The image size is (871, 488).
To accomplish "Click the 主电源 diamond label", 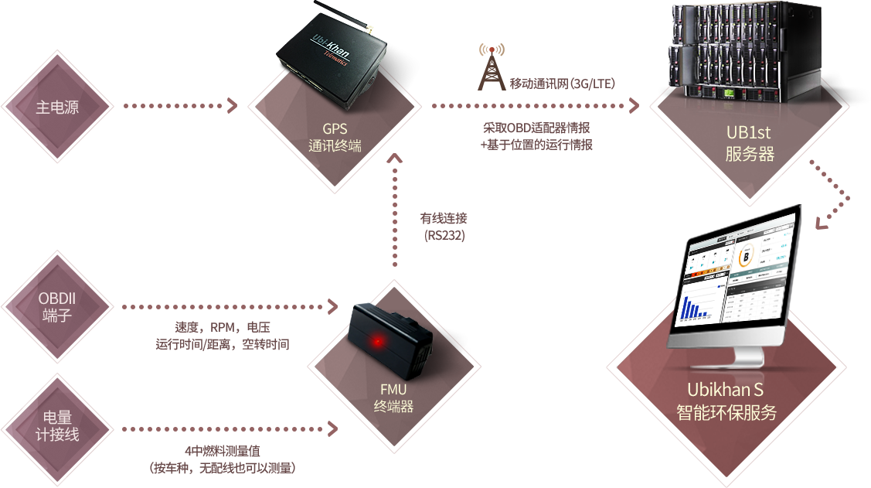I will [x=57, y=107].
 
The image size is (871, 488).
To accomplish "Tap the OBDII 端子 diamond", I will [x=57, y=307].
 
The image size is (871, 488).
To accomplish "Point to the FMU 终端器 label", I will [x=393, y=398].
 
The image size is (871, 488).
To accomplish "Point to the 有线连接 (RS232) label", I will [x=444, y=227].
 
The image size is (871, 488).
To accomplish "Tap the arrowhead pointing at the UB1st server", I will [x=635, y=106].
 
